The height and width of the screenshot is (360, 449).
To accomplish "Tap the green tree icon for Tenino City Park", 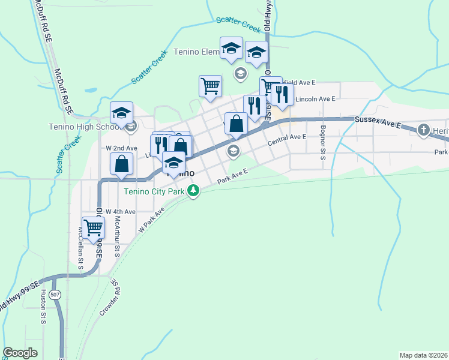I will (x=193, y=191).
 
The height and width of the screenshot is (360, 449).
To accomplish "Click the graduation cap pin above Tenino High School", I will (x=121, y=112).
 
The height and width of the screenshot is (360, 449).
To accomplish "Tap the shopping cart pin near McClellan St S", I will (x=93, y=228).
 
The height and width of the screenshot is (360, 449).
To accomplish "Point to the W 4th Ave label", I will (x=120, y=212).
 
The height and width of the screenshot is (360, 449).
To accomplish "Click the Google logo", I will (x=20, y=353).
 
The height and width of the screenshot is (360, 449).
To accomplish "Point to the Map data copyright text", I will (x=424, y=355).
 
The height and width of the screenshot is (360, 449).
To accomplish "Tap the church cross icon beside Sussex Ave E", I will (x=424, y=130).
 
